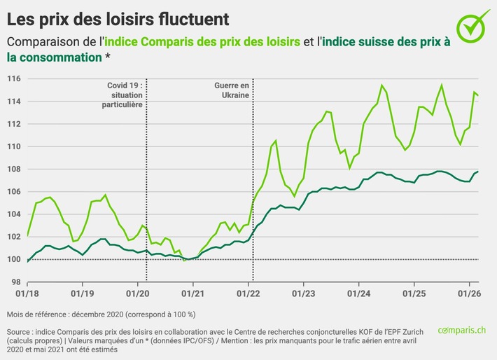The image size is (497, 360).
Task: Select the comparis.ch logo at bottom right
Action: pos(463,329)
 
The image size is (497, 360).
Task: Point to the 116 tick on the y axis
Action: pos(13,79)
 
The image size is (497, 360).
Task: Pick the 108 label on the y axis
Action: pos(13,169)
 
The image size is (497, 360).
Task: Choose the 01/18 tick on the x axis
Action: pos(27,294)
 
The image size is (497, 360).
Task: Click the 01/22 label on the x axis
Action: pos(250,294)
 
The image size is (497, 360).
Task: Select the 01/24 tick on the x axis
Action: pos(358,294)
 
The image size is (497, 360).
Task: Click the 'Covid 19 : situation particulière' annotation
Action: pos(125,94)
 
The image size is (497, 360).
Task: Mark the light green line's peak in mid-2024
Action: pos(382,85)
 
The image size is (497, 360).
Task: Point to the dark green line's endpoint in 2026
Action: pos(477,171)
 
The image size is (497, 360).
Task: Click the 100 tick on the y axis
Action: pos(13,259)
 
